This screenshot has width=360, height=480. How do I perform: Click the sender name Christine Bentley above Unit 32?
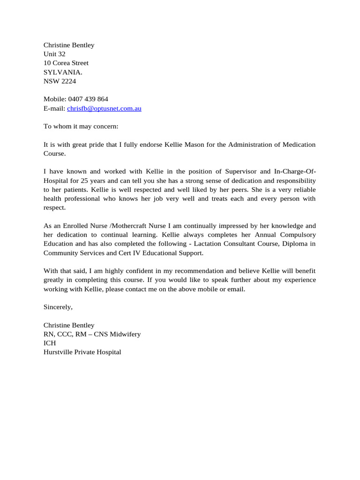coord(69,45)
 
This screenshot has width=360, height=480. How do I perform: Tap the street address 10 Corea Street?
coord(66,63)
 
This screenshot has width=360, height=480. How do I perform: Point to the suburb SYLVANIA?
coord(63,72)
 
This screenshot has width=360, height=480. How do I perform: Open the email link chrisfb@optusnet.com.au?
coord(104,108)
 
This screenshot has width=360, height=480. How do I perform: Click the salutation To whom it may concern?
coord(81,126)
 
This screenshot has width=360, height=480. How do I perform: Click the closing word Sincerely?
coord(58,307)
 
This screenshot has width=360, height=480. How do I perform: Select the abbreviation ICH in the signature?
coord(50,343)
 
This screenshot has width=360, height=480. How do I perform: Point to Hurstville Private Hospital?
coord(82,352)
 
